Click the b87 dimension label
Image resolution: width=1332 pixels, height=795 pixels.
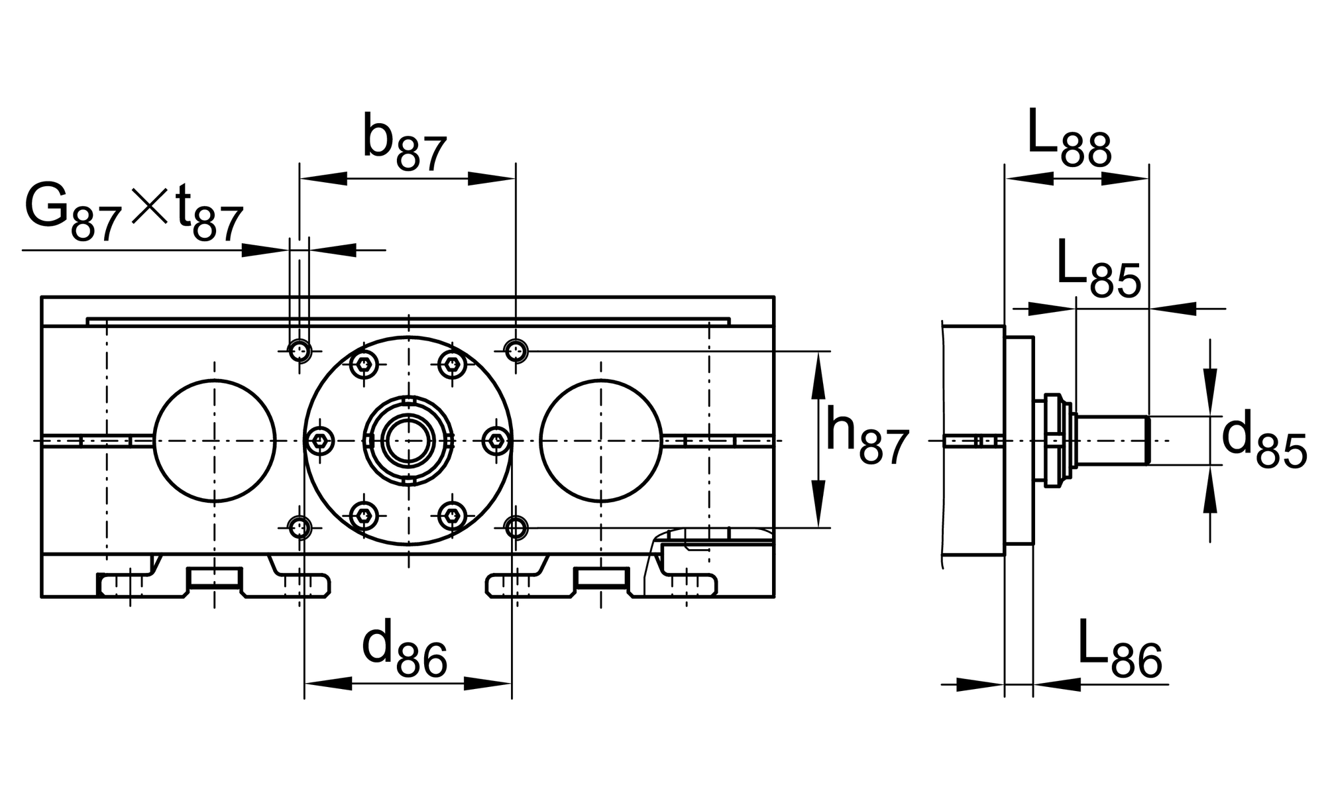click(405, 144)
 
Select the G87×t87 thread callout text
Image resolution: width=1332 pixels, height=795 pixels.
click(134, 213)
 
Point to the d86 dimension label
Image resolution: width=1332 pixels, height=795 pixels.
click(405, 650)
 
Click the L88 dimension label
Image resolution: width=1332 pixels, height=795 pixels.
click(1069, 138)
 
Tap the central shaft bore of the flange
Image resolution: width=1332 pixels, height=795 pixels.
click(408, 441)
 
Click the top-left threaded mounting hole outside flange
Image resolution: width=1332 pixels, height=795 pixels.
click(301, 350)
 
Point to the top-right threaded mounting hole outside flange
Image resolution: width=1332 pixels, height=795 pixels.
click(516, 350)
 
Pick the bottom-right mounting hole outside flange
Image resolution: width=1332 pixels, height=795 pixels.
click(516, 528)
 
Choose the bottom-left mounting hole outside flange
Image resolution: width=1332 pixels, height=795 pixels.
click(301, 528)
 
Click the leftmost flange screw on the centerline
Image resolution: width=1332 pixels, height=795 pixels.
click(322, 441)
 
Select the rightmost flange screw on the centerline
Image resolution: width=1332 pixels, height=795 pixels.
click(496, 441)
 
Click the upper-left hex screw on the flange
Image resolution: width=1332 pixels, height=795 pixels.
click(364, 364)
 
